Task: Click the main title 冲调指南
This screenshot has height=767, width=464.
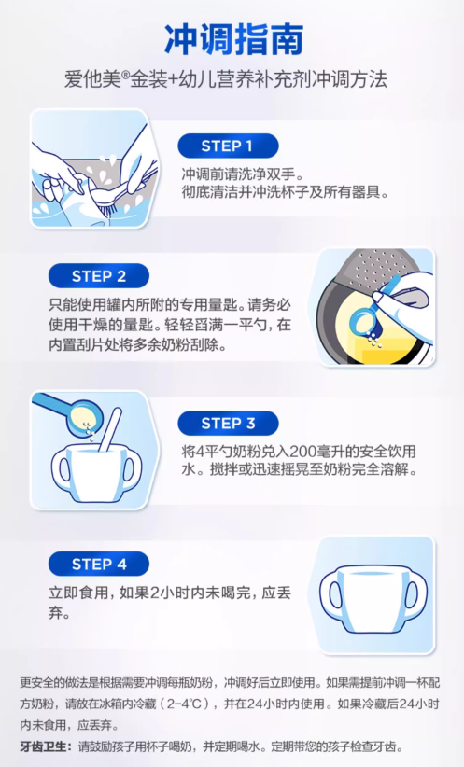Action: pos(233,39)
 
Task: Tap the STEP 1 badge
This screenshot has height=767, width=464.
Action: pos(228,146)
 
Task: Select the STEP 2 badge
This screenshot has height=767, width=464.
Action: pos(99,276)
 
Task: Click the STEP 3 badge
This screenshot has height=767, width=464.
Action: pos(228,423)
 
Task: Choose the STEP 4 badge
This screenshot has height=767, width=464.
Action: pos(99,564)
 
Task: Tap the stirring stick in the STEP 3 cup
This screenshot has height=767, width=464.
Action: pos(109,429)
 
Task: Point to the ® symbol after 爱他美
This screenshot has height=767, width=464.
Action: pos(125,75)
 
